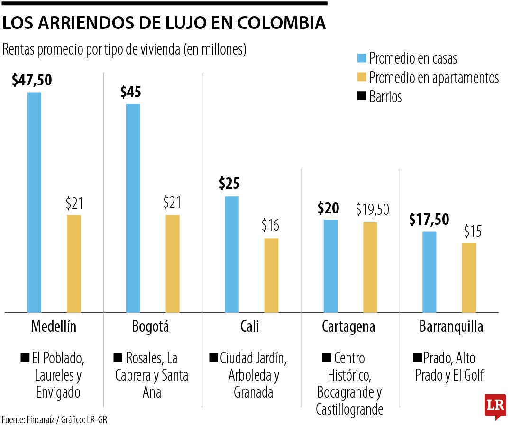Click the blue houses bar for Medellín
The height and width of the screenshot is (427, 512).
coord(34,202)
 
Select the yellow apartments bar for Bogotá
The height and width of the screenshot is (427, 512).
coord(173,264)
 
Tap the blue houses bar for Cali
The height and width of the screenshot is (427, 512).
coord(231,254)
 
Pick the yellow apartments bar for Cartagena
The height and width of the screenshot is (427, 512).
coord(370,267)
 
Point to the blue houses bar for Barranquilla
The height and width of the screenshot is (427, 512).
coord(429,272)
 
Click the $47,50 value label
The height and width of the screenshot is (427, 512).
coord(32,80)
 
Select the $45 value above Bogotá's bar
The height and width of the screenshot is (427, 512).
coord(130,92)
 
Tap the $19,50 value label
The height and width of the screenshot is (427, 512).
coord(372,210)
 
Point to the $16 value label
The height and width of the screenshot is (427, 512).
coord(270,225)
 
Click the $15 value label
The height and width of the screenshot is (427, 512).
coord(473,231)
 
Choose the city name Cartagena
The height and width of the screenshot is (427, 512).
coord(348,326)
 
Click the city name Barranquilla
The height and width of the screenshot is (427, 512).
coord(451,326)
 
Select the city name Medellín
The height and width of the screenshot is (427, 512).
coord(54,326)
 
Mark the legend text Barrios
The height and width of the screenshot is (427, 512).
coord(385,97)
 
